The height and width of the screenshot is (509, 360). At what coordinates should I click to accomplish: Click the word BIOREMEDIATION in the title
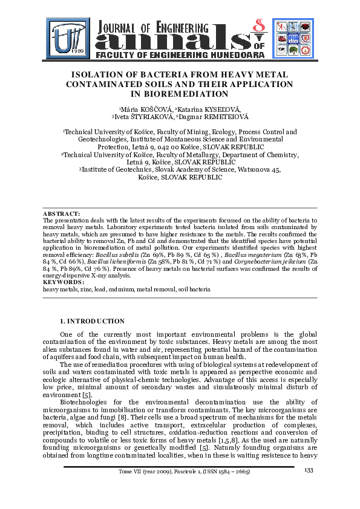[x=180, y=94]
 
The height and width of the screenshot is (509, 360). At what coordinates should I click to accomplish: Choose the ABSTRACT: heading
[x=61, y=214]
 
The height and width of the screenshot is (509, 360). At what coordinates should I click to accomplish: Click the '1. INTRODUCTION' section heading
[x=92, y=320]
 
